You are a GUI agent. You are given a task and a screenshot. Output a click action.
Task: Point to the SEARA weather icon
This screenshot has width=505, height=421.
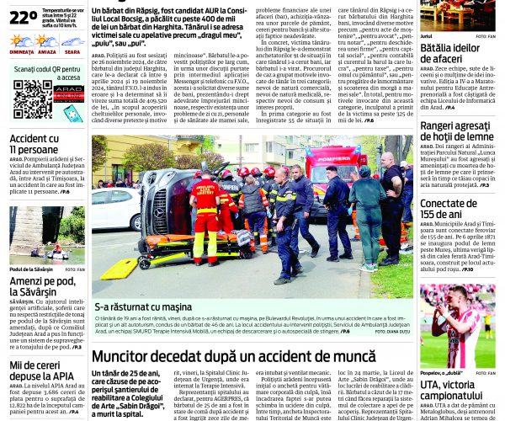pyautogui.click(x=72, y=41)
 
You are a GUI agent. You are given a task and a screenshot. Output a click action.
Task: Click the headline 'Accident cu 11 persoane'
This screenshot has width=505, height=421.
pyautogui.click(x=35, y=144)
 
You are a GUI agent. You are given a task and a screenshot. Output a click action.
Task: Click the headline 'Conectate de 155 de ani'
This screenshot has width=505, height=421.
pyautogui.click(x=457, y=209)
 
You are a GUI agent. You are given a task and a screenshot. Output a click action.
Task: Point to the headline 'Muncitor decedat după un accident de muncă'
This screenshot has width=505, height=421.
pyautogui.click(x=233, y=356)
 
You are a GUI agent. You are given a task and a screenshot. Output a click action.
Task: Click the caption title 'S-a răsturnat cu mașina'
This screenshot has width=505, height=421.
pyautogui.click(x=144, y=307)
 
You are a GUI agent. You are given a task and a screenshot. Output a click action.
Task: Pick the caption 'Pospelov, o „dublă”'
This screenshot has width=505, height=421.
pyautogui.click(x=442, y=371)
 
